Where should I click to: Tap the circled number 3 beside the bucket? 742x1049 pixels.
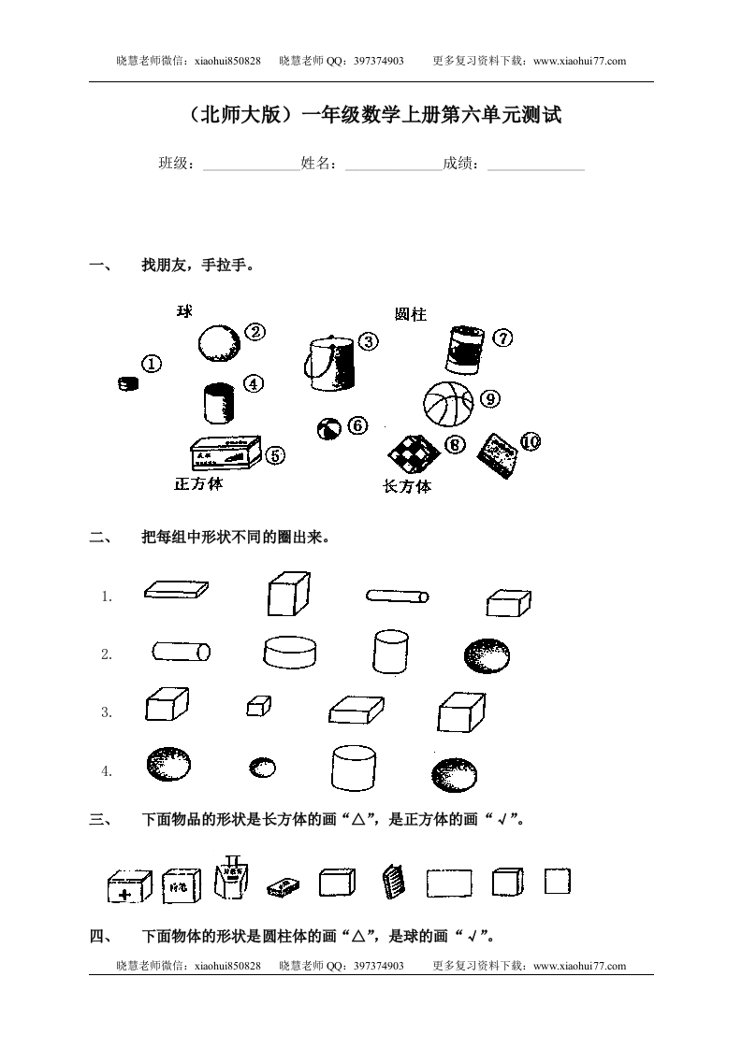click(369, 341)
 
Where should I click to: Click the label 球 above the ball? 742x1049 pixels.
click(184, 311)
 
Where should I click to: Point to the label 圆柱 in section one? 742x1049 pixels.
click(410, 315)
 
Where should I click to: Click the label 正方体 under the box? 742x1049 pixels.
click(198, 484)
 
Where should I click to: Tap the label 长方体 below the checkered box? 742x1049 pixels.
click(407, 486)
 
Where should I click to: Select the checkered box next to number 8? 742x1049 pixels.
click(413, 453)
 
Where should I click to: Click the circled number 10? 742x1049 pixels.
click(531, 442)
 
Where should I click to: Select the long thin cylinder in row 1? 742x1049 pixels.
click(397, 596)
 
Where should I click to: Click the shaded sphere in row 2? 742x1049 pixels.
click(487, 655)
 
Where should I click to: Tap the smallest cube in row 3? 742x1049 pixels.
click(258, 706)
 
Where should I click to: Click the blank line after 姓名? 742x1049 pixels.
click(393, 165)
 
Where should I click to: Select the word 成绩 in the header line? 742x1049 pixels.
click(460, 164)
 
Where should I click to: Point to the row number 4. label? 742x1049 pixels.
click(107, 771)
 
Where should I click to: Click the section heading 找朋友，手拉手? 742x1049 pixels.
click(197, 266)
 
